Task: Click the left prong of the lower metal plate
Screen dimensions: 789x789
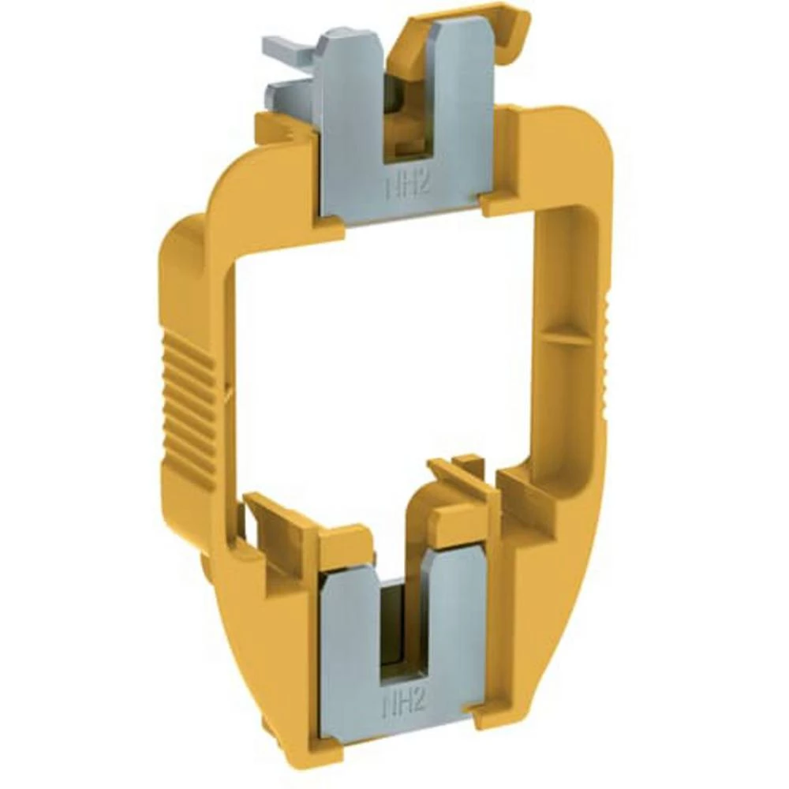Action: (351, 623)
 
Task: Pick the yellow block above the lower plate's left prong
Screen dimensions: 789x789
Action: (346, 544)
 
